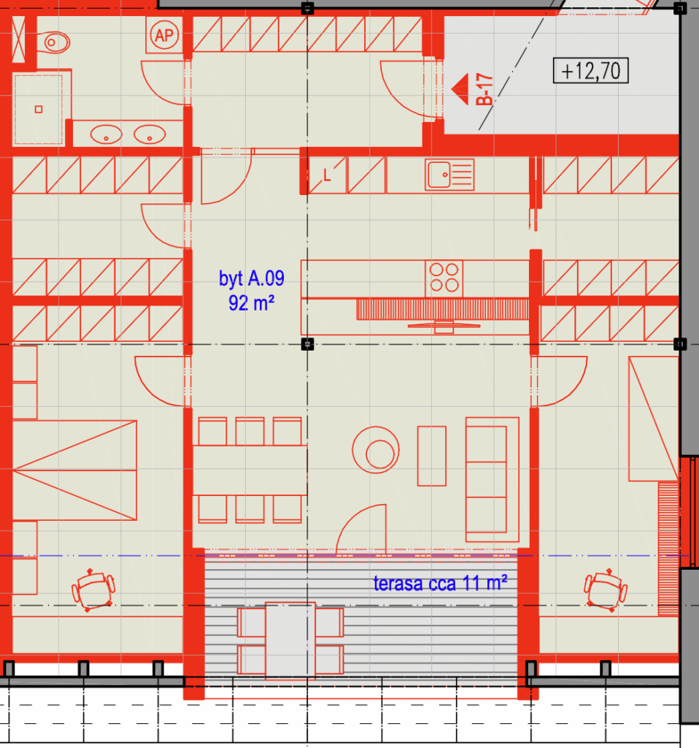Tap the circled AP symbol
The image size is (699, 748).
164,35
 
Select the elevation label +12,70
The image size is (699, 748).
590,71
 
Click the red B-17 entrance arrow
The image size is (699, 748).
460,89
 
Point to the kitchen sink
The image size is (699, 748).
449,175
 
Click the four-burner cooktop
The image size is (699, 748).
444,278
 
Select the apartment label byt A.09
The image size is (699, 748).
252,278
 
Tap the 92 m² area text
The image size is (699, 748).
251,303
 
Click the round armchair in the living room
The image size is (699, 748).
376,450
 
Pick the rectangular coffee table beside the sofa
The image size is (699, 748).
432,456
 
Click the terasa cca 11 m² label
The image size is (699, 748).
440,583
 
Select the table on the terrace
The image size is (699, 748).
290,640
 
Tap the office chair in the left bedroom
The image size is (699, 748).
93,590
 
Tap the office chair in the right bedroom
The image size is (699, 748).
606,590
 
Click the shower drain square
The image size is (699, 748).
39,110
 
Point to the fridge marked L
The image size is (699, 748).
328,175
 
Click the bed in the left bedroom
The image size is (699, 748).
74,470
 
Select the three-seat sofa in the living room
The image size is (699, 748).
493,479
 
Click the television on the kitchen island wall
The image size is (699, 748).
444,327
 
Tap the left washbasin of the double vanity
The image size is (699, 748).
106,134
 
